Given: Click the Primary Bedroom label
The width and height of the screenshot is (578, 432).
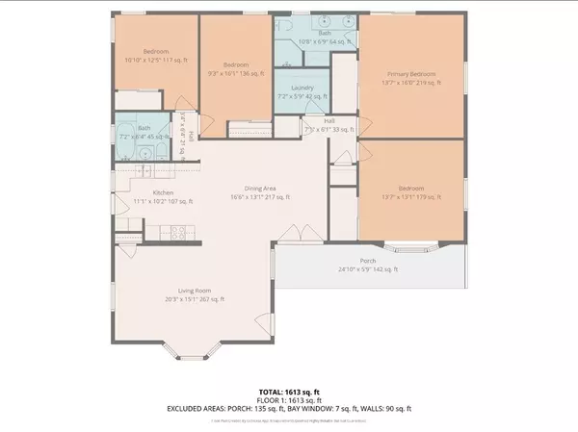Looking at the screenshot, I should pos(411,74).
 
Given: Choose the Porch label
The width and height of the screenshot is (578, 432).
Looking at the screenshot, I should pos(368,261).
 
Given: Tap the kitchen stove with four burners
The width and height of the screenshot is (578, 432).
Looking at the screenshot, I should pos(177,231).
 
